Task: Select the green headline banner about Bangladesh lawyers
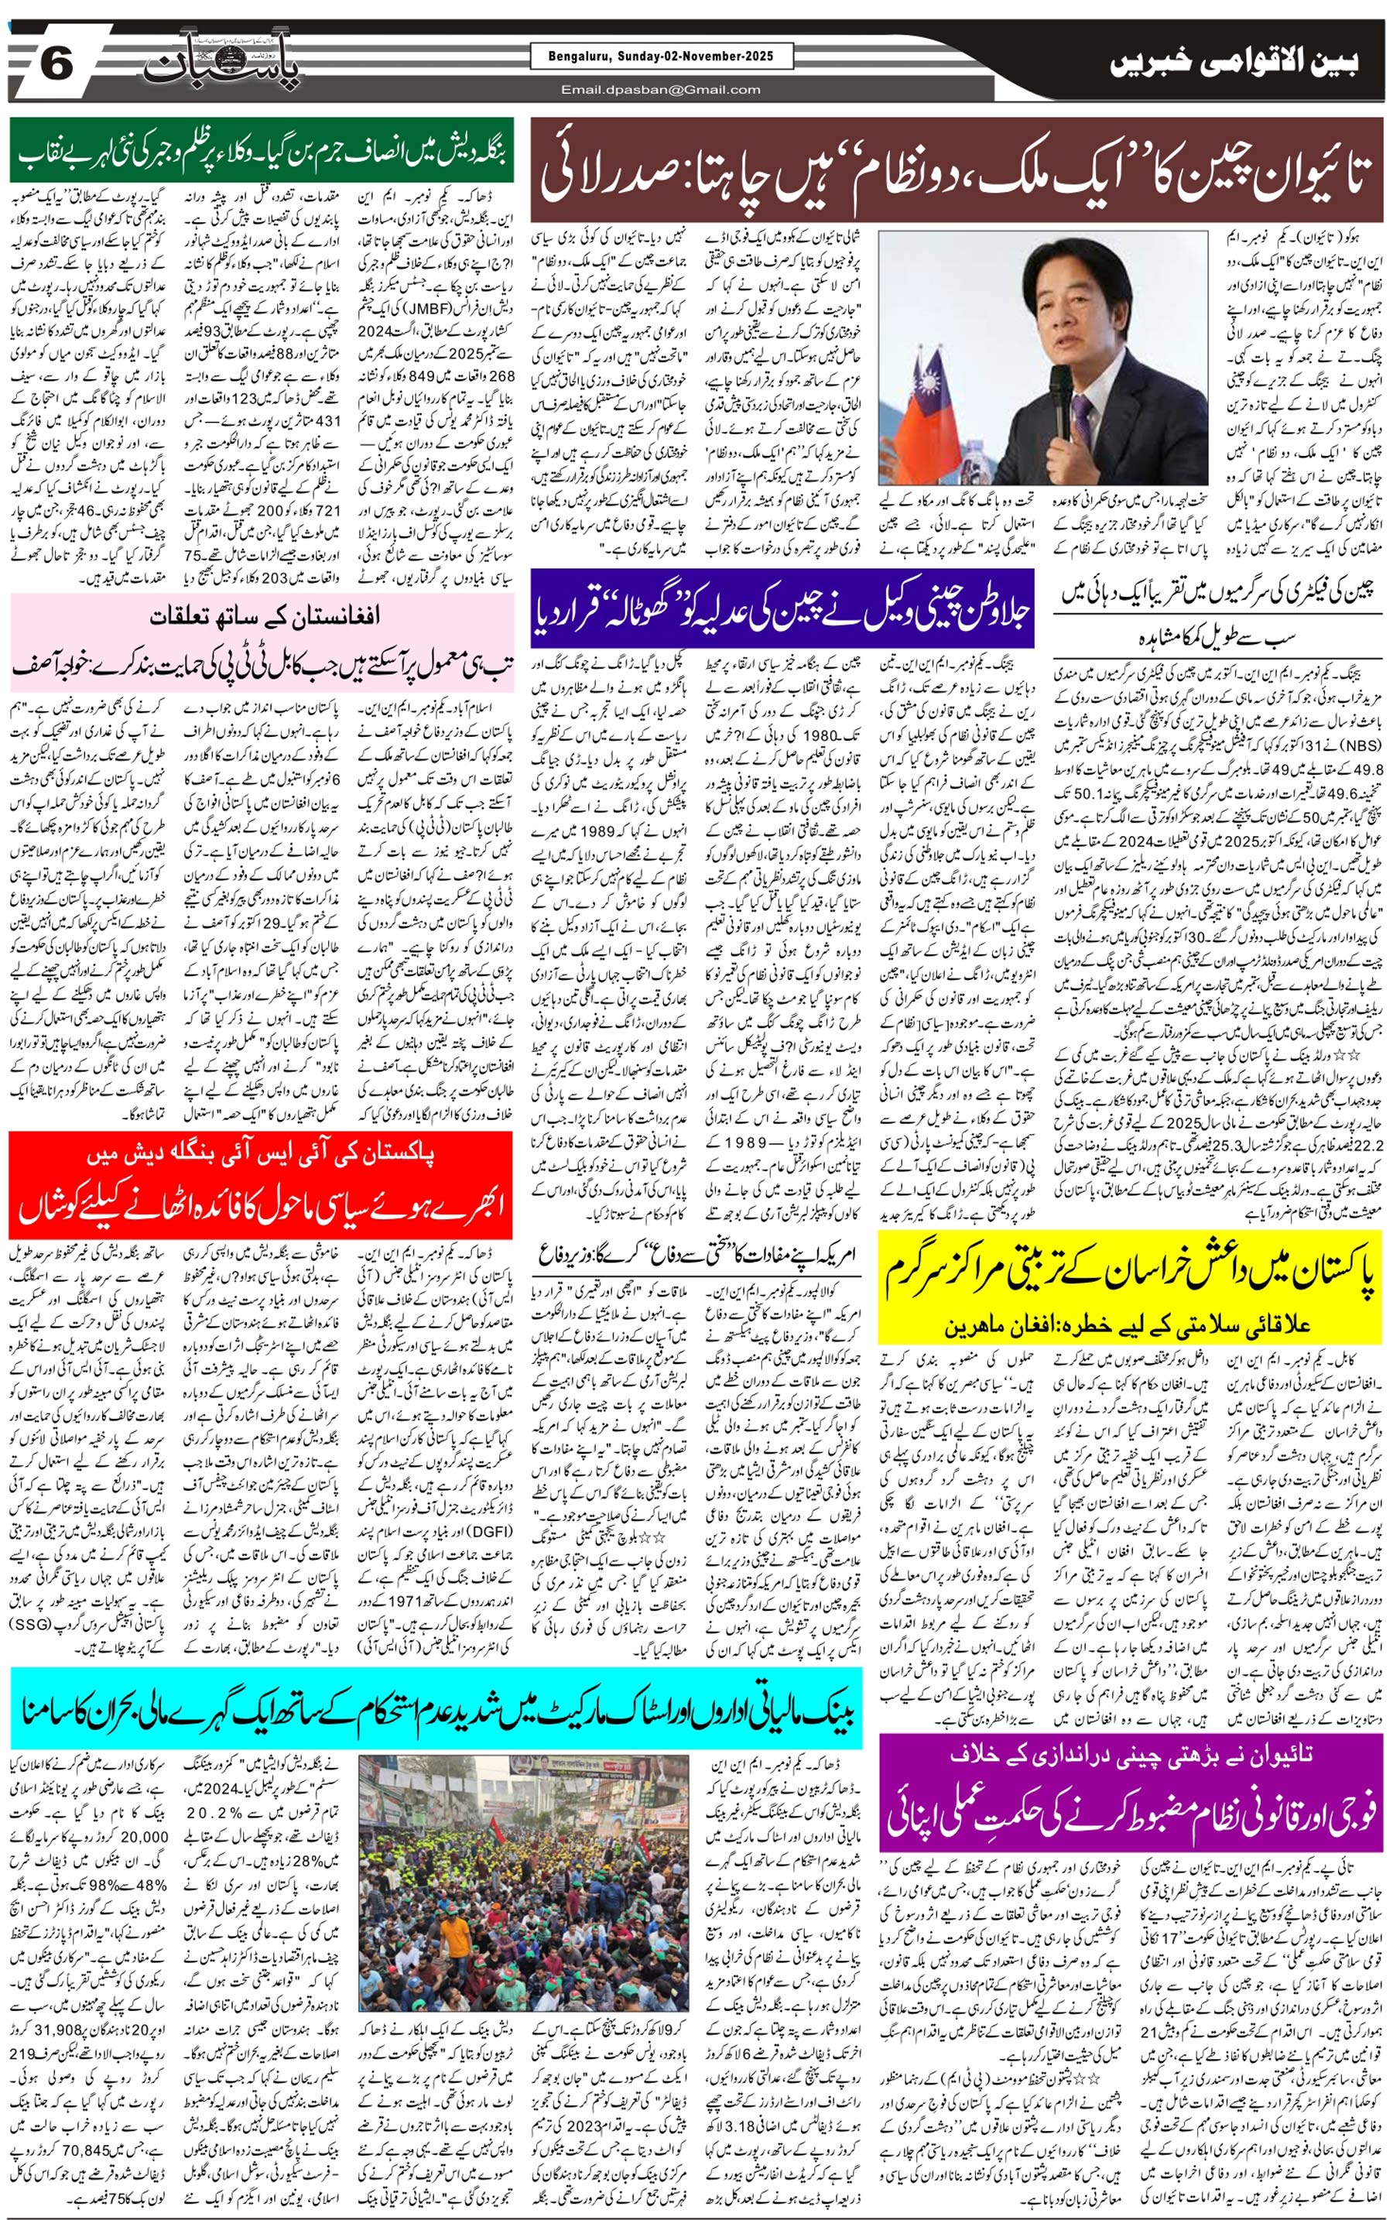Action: (x=262, y=151)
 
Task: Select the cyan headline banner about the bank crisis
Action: (x=436, y=1711)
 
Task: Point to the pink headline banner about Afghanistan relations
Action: (x=261, y=642)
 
